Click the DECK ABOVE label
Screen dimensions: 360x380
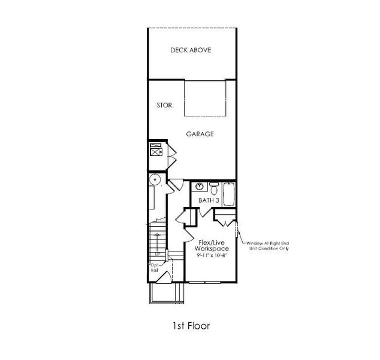point(191,50)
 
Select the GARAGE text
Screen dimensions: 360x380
point(200,134)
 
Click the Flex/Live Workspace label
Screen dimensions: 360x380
point(213,245)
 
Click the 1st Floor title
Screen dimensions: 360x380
point(190,326)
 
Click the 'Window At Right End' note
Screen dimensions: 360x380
point(266,245)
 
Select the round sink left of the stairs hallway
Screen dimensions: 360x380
point(155,178)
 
